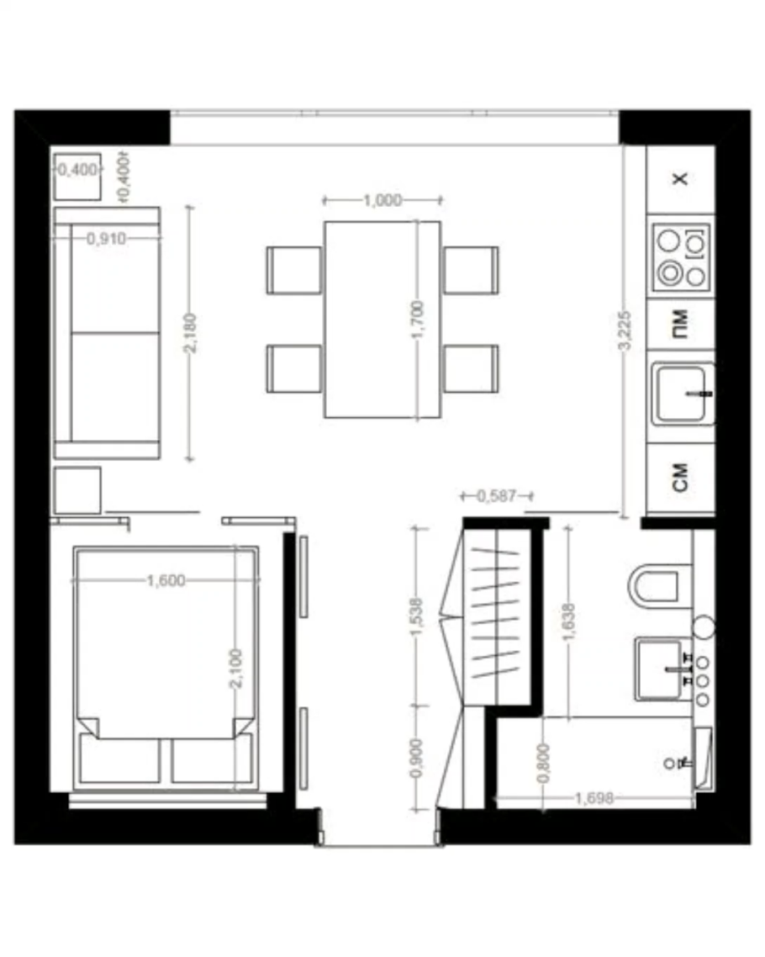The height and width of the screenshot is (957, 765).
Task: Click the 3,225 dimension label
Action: point(624,330)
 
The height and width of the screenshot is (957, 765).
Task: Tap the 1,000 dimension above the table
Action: point(382,200)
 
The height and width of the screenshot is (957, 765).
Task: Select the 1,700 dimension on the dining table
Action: point(418,320)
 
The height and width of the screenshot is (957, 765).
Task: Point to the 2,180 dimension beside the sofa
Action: point(190,333)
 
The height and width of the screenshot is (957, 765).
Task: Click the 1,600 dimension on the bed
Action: point(166,579)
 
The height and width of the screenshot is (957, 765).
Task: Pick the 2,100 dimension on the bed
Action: point(235,669)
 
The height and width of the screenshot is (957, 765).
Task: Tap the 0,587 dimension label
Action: point(497,495)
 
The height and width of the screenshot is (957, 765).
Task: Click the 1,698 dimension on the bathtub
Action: point(594,798)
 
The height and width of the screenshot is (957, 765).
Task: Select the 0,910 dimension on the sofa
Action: point(106,239)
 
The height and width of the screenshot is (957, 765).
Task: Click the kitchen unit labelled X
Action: point(680,179)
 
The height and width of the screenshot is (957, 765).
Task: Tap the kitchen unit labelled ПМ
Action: point(680,324)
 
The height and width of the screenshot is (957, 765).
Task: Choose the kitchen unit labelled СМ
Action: point(680,478)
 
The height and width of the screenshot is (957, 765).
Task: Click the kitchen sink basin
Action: point(682,393)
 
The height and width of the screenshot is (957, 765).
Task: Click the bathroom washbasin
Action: point(660,669)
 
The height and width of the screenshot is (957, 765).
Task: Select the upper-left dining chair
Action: point(294,270)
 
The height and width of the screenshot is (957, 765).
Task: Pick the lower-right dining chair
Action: point(471,368)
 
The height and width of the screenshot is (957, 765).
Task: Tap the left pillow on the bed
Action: point(119,760)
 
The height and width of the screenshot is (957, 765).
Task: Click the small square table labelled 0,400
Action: point(77,177)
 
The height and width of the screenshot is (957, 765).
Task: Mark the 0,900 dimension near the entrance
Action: point(417,758)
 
